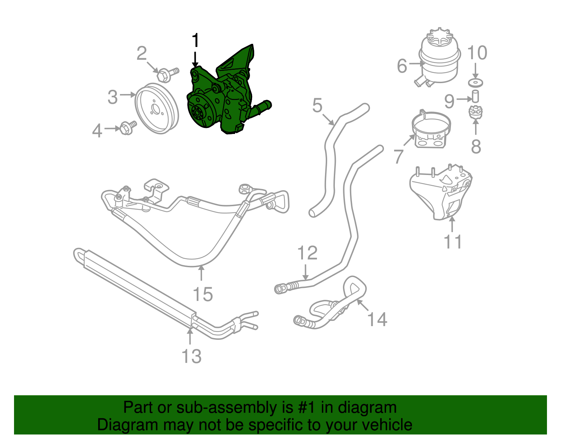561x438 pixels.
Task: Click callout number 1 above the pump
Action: (195, 41)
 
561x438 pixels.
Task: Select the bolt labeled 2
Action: (167, 74)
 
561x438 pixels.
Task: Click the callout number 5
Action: (317, 105)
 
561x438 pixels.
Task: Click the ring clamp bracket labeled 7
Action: (431, 130)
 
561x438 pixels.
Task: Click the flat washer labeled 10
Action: (475, 83)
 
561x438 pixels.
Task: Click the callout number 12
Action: (307, 253)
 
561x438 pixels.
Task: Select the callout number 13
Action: (191, 356)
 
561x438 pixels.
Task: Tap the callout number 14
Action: (377, 319)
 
